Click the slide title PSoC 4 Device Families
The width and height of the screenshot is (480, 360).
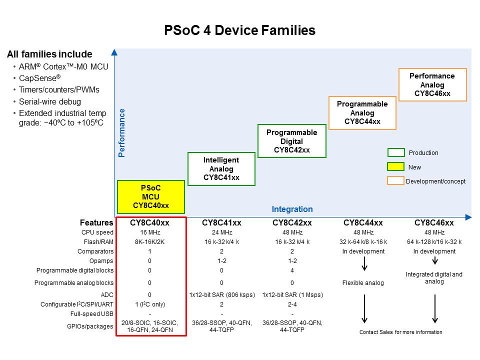240,30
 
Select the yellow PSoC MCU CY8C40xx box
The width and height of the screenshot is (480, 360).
151,196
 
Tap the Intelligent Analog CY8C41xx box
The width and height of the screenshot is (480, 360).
221,168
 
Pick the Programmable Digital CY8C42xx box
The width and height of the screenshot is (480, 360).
291,141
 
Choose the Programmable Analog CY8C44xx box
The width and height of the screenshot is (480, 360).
362,112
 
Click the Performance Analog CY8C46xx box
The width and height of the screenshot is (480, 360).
432,84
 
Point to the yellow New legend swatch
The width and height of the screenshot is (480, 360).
395,167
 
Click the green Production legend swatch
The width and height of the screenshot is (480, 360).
395,152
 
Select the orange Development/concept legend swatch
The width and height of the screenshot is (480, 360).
395,181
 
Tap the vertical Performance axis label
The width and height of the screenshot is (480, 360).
121,133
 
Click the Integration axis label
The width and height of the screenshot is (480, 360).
292,209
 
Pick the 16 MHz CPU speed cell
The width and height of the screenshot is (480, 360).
149,232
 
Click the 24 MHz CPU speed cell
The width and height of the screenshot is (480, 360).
221,232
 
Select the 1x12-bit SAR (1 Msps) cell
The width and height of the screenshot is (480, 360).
292,295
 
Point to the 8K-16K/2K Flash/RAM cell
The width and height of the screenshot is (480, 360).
149,242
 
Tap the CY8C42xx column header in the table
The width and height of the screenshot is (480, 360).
292,222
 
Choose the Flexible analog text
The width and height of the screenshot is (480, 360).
363,283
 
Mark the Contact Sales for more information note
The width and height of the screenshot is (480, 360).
400,332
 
